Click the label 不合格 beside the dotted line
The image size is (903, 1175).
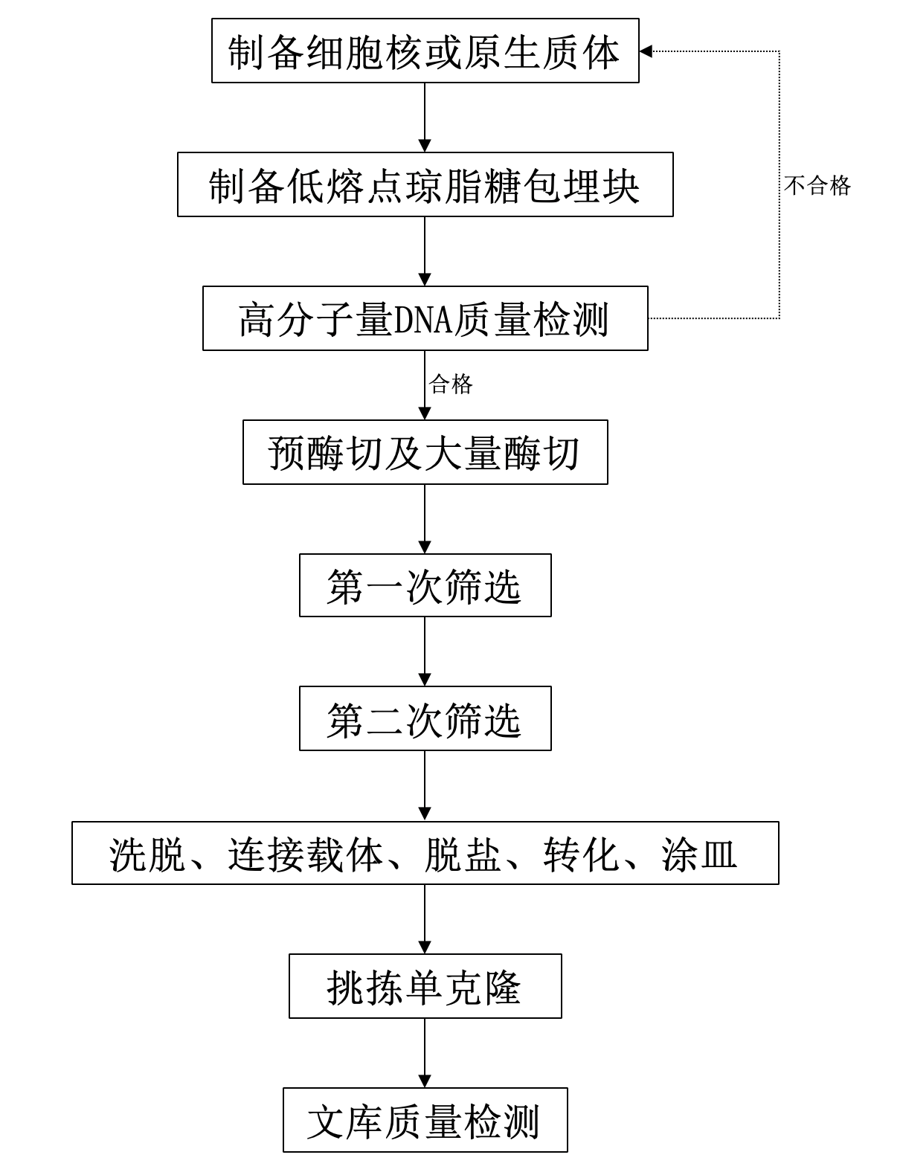817,186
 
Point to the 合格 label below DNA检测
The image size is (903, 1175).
451,384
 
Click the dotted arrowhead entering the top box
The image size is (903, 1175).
646,51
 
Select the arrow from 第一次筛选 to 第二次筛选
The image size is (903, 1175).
425,651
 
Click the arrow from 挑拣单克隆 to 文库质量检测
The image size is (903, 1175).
425,1053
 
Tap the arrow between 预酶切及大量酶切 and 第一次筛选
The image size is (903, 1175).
425,519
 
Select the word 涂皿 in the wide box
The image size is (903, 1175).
699,855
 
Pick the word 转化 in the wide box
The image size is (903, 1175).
580,855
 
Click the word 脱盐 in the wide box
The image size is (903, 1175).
463,855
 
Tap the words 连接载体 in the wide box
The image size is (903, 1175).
305,855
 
